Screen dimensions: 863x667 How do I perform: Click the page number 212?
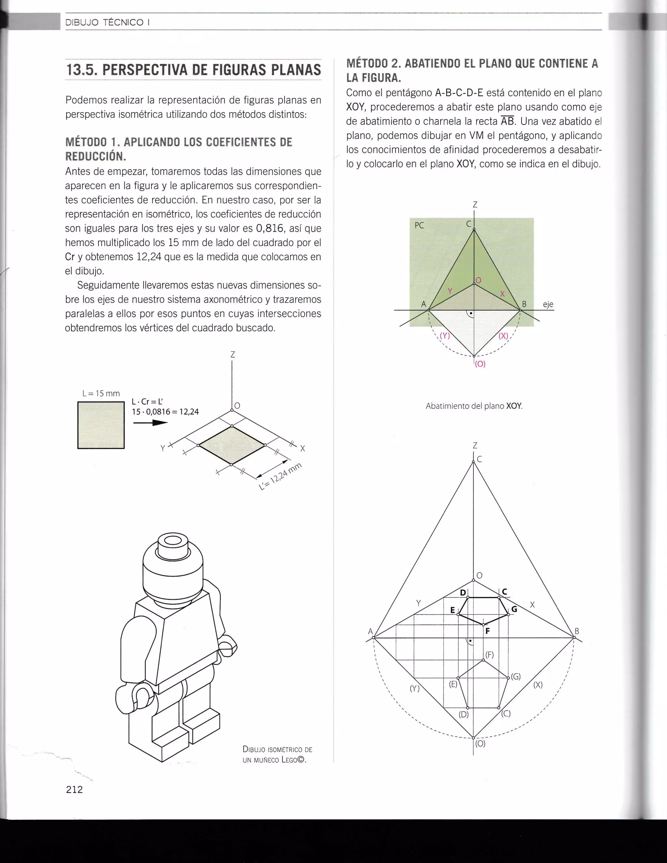click(74, 789)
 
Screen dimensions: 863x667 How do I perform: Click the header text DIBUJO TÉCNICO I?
click(107, 22)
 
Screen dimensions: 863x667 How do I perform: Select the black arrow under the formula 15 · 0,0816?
click(150, 423)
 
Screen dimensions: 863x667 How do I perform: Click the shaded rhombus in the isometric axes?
click(232, 445)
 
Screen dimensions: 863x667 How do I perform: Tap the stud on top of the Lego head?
click(172, 543)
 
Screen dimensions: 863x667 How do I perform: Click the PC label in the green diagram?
click(419, 226)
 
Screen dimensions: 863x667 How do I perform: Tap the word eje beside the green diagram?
click(548, 304)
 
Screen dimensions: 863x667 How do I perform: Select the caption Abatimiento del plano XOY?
click(474, 406)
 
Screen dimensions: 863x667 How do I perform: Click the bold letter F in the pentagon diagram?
click(488, 631)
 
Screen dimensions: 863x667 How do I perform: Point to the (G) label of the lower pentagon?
click(516, 676)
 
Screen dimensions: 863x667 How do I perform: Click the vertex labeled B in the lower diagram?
click(574, 637)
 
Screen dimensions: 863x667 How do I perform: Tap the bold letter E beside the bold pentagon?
click(453, 610)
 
